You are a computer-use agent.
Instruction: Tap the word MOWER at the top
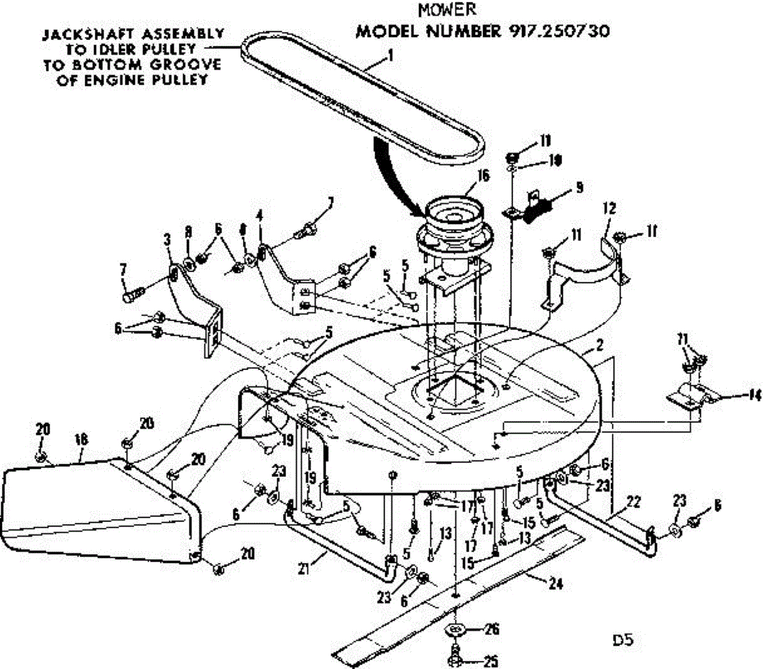coord(446,10)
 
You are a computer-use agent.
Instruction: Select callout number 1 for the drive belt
coord(390,55)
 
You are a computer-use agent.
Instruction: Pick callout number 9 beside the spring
coord(579,188)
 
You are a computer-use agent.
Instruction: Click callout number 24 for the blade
coord(556,584)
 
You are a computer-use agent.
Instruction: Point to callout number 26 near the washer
coord(491,630)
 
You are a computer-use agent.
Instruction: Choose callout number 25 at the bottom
coord(490,661)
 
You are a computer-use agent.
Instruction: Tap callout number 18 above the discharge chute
coord(81,439)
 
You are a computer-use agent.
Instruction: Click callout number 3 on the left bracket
coord(167,239)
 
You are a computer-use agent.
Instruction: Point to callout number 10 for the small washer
coord(555,161)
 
